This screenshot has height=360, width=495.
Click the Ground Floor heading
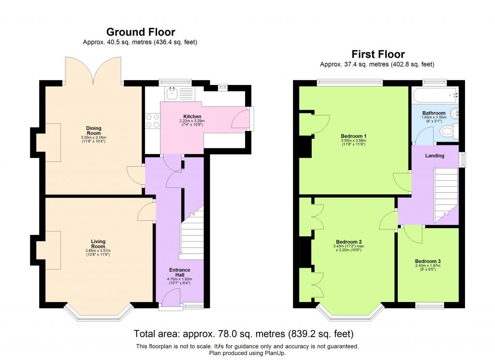[140, 32]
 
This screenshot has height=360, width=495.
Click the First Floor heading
[378, 54]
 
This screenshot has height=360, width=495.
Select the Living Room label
[98, 244]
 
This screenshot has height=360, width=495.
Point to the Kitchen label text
[192, 116]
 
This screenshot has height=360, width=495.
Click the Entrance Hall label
[179, 273]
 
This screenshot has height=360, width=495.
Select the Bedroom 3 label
[427, 261]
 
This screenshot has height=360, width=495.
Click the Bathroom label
[433, 113]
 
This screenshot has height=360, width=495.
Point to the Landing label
[435, 156]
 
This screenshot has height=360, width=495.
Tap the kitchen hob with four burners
[152, 120]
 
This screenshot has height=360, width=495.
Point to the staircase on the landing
[446, 193]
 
